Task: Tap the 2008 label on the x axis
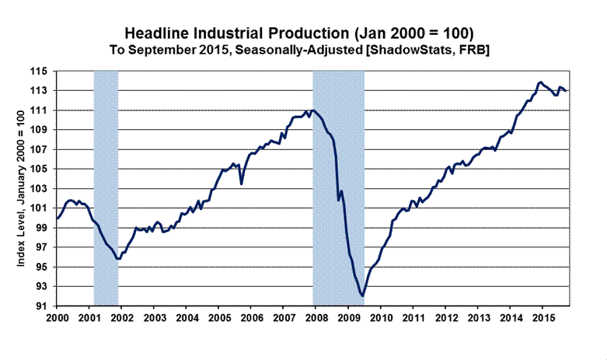pos(316,318)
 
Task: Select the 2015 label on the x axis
pos(542,318)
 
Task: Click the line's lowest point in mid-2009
pos(363,295)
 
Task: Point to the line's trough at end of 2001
pos(117,258)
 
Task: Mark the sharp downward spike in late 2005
pos(242,183)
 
